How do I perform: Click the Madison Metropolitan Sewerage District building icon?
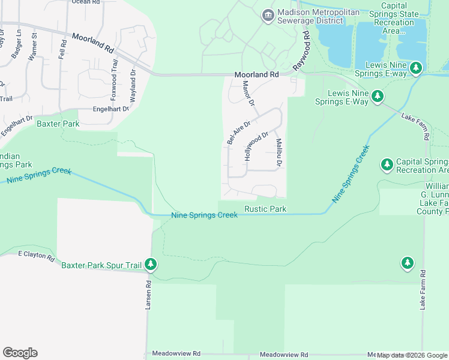268,14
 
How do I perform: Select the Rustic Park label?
265,209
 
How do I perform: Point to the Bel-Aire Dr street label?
238,131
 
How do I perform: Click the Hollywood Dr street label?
255,146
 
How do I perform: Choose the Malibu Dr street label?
279,153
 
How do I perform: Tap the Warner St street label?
34,45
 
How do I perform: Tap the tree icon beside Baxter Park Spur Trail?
151,264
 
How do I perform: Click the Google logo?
20,353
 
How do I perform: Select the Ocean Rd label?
85,2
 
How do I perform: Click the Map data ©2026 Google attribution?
412,355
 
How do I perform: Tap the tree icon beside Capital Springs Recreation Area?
387,164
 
